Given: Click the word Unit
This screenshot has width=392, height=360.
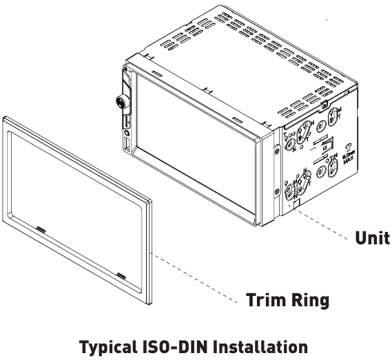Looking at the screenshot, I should pyautogui.click(x=373, y=237).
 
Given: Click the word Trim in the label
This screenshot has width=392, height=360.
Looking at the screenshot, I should pyautogui.click(x=262, y=301).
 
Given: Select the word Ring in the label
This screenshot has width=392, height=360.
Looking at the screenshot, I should pyautogui.click(x=309, y=301).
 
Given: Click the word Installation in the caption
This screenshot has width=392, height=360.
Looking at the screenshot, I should pyautogui.click(x=262, y=347).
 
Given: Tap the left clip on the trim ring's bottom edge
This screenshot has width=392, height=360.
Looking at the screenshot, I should pyautogui.click(x=41, y=228).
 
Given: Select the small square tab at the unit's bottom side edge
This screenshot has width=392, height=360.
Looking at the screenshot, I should pyautogui.click(x=294, y=204).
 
